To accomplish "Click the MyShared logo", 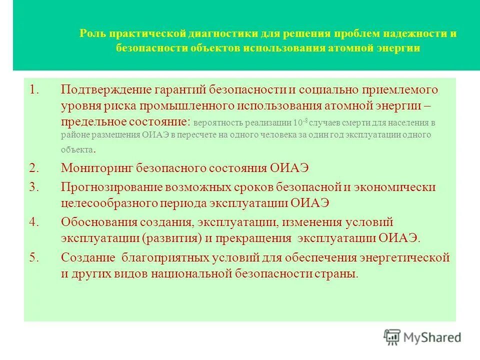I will pos(422,336).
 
